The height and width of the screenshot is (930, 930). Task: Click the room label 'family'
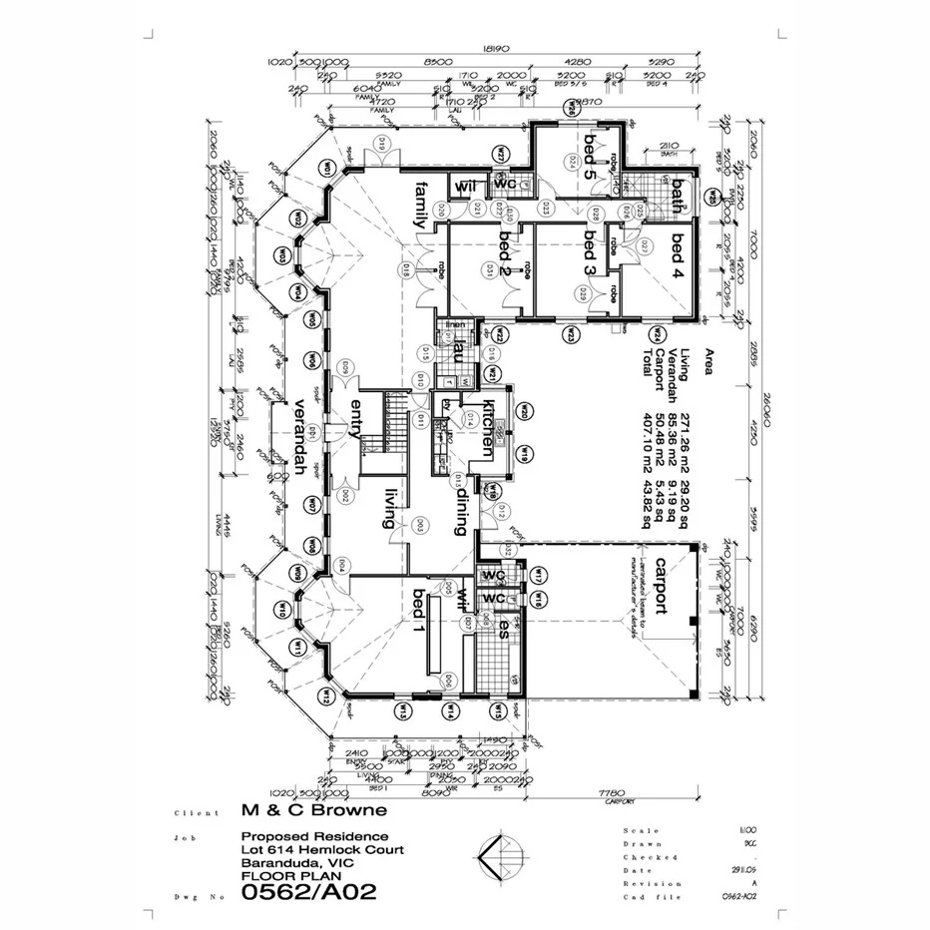(x=421, y=206)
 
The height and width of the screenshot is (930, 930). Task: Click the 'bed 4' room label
(x=680, y=255)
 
